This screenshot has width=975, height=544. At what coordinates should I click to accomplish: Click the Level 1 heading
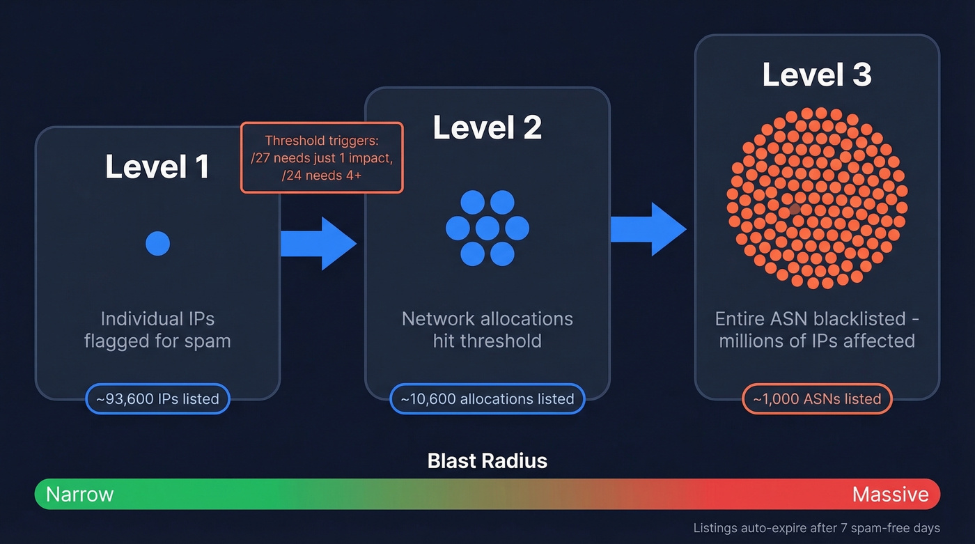point(157,167)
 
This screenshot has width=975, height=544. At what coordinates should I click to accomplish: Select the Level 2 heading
point(487,127)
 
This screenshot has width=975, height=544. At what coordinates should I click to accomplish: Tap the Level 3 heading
point(816,75)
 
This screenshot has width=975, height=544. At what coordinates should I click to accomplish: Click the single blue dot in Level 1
point(157,244)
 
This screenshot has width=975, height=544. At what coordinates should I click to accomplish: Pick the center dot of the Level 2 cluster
point(487,228)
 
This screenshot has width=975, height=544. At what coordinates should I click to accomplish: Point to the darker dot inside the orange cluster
point(795,208)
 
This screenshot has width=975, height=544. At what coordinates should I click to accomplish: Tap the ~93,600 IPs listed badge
point(157,399)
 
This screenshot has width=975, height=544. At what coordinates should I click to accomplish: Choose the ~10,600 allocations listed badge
point(487,399)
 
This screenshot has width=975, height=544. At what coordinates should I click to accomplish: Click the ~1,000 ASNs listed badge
point(816,399)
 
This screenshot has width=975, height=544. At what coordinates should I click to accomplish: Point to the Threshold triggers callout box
point(322,157)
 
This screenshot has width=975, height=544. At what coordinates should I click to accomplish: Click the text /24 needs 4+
point(322,175)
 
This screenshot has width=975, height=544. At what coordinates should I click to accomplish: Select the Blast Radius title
point(487,460)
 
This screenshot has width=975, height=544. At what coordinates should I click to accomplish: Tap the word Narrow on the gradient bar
point(79,495)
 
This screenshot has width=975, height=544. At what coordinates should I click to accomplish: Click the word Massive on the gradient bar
point(890,495)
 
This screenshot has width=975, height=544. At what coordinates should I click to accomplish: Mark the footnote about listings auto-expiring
point(816,528)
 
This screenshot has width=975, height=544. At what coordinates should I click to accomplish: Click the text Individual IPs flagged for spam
point(157,330)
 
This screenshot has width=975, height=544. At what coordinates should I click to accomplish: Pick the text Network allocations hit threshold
point(487,330)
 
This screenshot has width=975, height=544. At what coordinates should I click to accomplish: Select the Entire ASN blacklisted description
point(816,330)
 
